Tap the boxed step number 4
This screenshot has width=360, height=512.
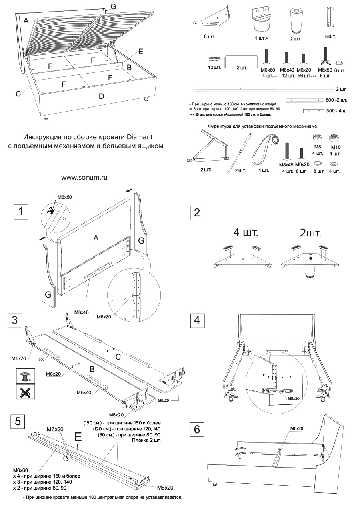[197, 321]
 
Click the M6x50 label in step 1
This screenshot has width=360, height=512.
[65, 197]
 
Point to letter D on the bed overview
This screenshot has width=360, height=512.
[101, 96]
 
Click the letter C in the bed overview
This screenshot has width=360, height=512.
[18, 94]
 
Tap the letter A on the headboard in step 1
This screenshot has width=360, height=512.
[96, 238]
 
